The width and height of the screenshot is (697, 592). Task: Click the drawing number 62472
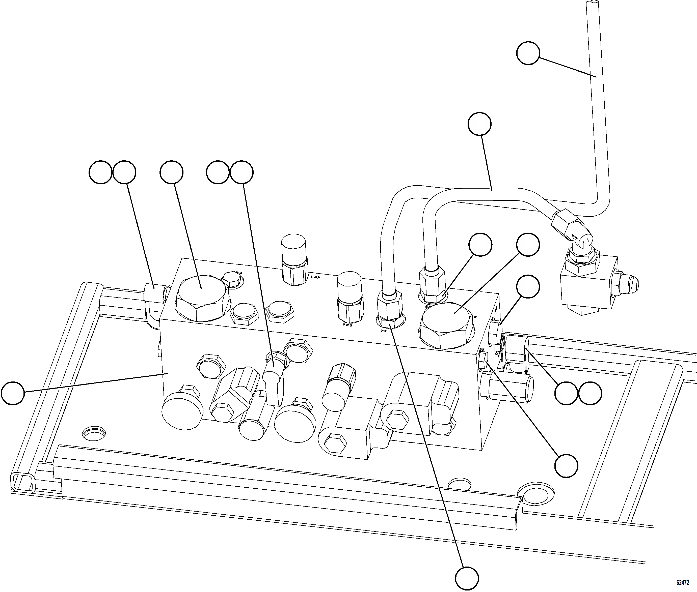683,582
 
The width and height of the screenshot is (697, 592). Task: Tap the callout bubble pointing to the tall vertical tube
528,53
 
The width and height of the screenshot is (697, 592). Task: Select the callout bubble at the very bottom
467,578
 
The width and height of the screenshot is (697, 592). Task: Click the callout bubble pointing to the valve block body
13,392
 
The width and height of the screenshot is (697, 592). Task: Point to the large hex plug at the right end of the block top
447,324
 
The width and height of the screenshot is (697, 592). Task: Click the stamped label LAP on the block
315,277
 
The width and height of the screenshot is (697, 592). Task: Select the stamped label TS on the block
384,331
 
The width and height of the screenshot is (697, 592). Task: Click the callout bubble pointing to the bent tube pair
479,124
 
